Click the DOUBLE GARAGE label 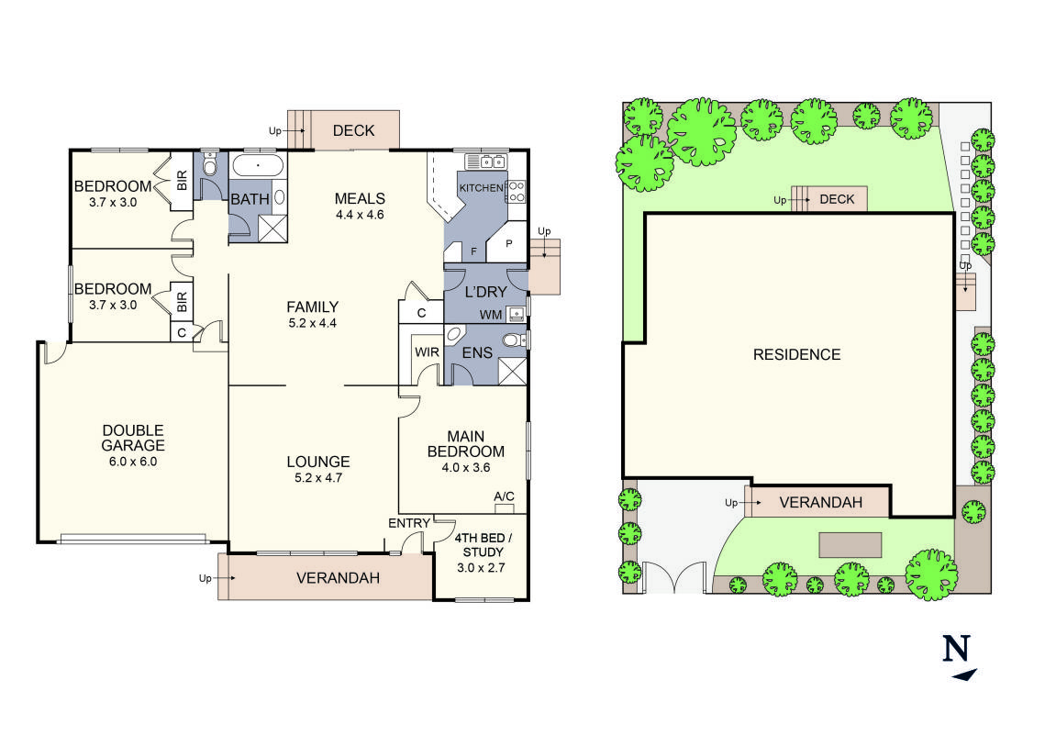[133, 438]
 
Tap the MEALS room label [359, 198]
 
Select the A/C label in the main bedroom [504, 496]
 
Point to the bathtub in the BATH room [258, 166]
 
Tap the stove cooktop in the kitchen [516, 191]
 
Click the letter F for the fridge [473, 250]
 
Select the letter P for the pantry [507, 244]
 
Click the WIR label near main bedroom [427, 351]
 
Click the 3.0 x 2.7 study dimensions [481, 567]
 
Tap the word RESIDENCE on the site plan [796, 354]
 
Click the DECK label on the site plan [836, 199]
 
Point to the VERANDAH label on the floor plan [338, 578]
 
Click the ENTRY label [409, 523]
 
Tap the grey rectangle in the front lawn [850, 544]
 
